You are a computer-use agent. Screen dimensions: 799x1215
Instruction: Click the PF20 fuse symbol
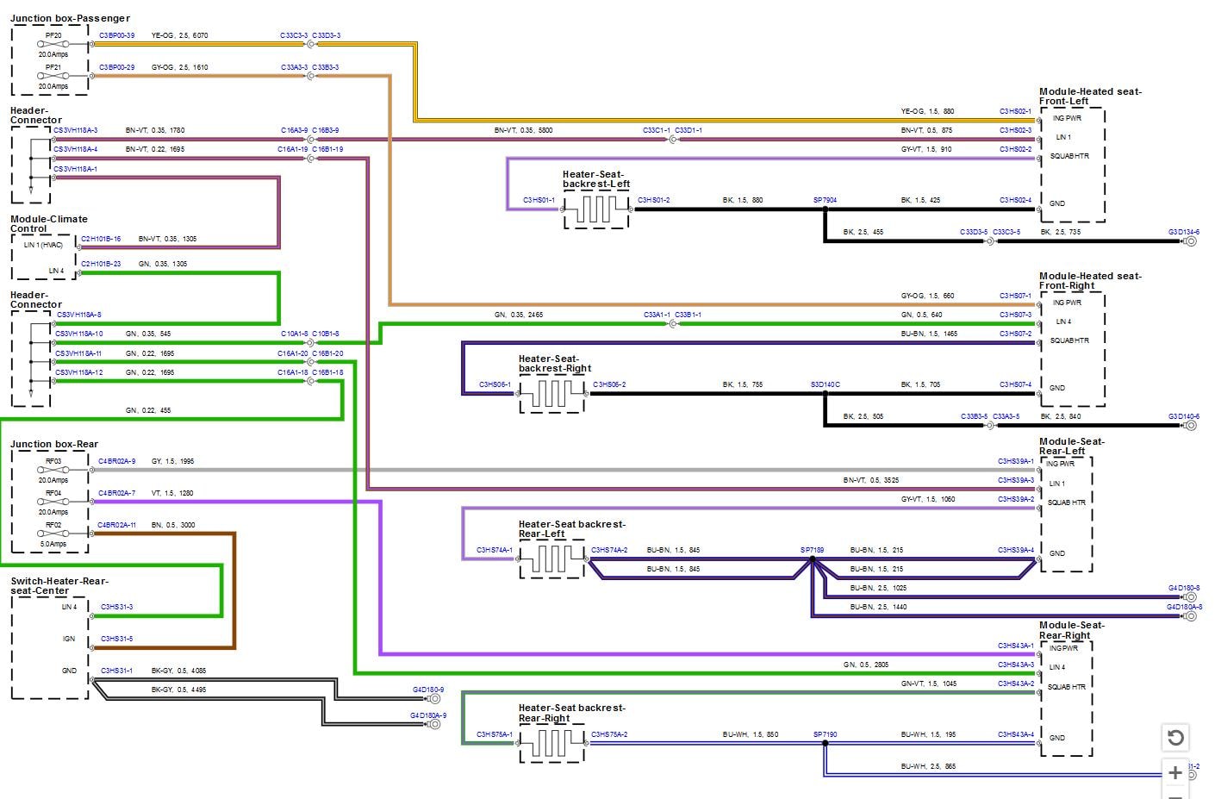(53, 44)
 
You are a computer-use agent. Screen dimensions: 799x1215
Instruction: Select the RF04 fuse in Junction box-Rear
(53, 502)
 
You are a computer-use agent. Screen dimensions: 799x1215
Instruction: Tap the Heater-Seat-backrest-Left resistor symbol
(595, 209)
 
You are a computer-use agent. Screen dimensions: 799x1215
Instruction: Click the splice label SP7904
(825, 200)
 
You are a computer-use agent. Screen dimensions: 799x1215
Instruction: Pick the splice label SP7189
(812, 550)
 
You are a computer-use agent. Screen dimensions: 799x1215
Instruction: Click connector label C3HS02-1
(1015, 111)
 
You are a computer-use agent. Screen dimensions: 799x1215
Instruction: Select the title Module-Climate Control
(48, 224)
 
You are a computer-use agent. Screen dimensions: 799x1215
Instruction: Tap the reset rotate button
(1175, 738)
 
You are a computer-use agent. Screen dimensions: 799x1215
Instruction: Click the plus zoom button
(1175, 772)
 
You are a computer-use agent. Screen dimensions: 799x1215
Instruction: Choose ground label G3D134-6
(1183, 232)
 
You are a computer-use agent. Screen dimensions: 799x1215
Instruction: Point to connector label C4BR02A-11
(116, 525)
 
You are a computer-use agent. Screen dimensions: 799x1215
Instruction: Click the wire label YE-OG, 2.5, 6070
(179, 35)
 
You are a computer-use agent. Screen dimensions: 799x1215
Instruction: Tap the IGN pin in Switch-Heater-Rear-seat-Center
(69, 639)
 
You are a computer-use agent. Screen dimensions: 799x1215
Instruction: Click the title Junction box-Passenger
(70, 18)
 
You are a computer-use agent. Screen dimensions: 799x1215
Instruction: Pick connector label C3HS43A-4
(1015, 734)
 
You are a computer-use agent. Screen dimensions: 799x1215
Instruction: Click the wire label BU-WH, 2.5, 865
(928, 766)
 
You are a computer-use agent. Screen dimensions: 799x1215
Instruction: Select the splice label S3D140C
(825, 384)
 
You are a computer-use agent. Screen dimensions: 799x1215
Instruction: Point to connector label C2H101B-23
(101, 264)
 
